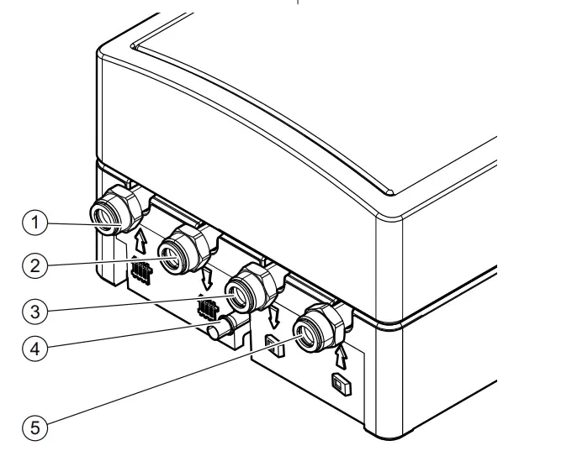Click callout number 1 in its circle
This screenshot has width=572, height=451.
coord(34,223)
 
